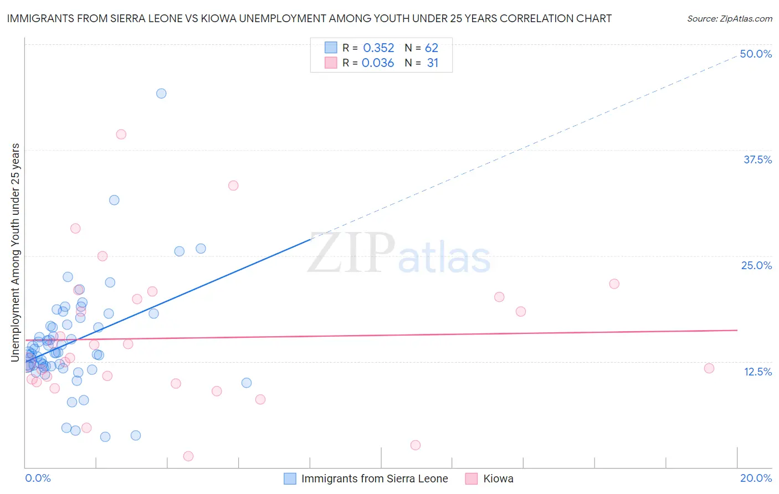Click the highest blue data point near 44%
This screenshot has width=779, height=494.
[161, 94]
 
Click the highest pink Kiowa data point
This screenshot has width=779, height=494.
[121, 134]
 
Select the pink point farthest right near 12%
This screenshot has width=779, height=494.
[709, 368]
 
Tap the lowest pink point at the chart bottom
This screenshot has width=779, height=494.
[188, 456]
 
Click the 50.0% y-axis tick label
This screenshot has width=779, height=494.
[756, 54]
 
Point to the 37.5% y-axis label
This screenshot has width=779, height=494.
[757, 159]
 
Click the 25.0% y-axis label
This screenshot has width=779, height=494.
[756, 265]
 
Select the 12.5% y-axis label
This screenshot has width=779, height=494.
[757, 372]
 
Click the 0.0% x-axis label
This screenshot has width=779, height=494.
[38, 478]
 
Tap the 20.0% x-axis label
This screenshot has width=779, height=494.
[756, 478]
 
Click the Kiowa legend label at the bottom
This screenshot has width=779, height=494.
[498, 479]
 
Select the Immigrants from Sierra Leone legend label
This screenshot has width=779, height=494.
[375, 479]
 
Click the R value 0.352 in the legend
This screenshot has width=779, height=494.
[378, 48]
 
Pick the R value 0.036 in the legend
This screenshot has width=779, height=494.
[378, 63]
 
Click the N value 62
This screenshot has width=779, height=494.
[432, 48]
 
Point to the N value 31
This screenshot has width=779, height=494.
[433, 63]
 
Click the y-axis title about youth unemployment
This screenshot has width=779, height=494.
[15, 253]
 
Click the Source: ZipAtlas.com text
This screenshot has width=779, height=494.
[729, 19]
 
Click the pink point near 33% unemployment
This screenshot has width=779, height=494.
[233, 186]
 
